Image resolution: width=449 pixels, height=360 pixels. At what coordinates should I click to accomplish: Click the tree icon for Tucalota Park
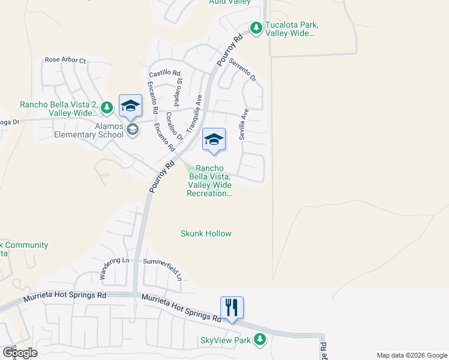click(256, 28)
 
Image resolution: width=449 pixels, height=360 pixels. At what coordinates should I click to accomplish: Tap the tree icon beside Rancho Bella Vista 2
click(107, 107)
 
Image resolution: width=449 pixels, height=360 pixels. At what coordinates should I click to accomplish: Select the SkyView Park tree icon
click(259, 340)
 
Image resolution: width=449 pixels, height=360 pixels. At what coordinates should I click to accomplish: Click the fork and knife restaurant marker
click(231, 308)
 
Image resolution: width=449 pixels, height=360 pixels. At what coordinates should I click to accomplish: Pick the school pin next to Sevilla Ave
click(214, 140)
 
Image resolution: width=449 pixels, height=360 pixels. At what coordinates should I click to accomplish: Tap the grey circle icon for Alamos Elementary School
click(133, 128)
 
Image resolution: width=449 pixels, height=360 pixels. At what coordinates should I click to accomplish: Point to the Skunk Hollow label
click(206, 233)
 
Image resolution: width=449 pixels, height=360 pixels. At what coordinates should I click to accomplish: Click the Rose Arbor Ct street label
click(65, 61)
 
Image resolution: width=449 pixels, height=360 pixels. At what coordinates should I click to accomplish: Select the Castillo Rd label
click(164, 73)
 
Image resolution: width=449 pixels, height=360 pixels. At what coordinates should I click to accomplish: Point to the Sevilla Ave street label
click(244, 124)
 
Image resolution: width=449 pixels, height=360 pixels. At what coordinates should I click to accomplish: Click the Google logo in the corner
click(20, 353)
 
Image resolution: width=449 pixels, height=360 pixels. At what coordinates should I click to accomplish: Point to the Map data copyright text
click(412, 355)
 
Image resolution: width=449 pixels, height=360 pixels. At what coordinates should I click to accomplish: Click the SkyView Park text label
click(225, 341)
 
